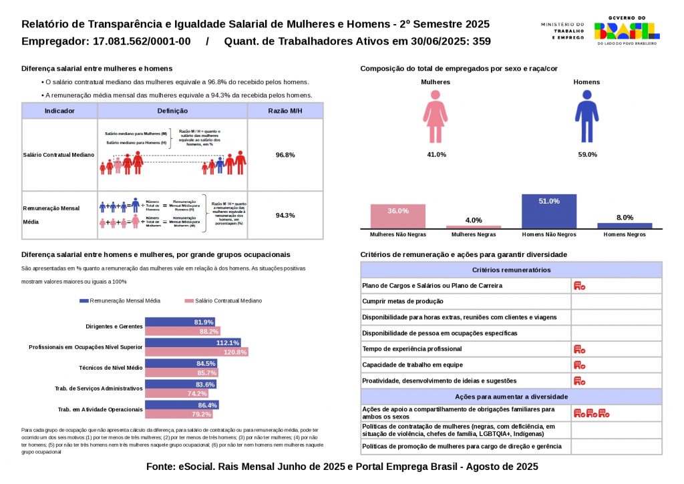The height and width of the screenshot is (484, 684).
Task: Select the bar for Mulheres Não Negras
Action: click(397, 216)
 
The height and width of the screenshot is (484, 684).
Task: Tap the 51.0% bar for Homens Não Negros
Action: click(549, 211)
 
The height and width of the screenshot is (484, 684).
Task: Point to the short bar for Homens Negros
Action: click(625, 226)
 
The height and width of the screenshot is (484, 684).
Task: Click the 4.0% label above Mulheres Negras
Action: click(474, 220)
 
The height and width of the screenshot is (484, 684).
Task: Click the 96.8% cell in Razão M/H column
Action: click(285, 155)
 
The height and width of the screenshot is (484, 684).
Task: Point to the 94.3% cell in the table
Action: click(285, 215)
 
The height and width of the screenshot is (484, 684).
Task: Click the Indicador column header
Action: click(59, 111)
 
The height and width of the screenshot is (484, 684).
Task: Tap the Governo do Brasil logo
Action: click(627, 31)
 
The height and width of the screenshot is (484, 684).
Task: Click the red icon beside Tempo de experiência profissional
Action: click(579, 349)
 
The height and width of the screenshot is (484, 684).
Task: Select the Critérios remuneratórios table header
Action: click(511, 270)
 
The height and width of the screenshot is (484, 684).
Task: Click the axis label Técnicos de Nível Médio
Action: click(111, 368)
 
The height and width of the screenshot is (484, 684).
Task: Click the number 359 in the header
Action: click(481, 41)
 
